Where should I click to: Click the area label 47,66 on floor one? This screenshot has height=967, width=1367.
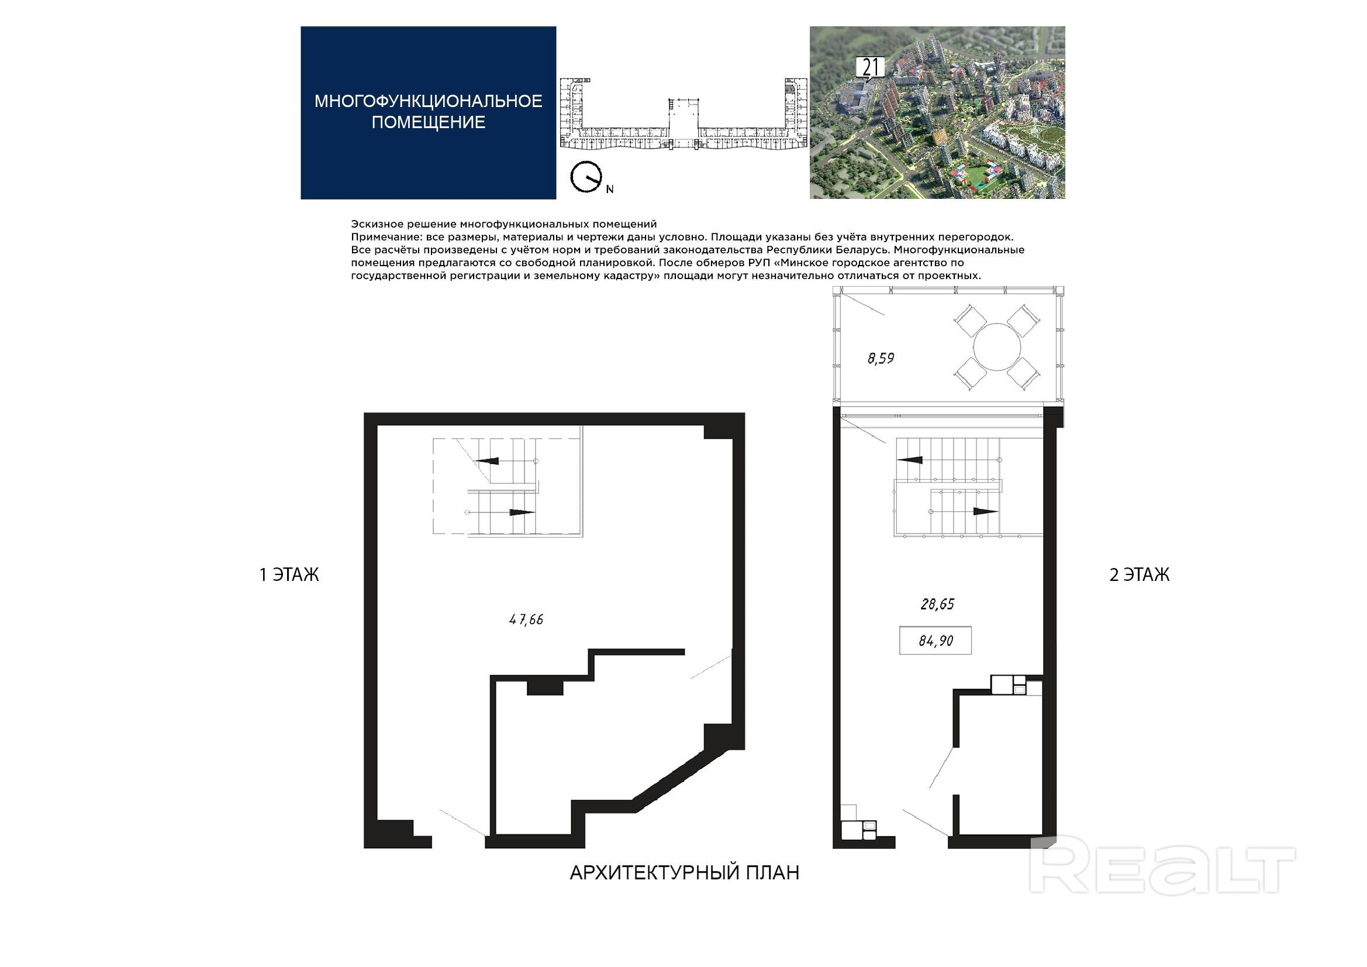pyautogui.click(x=526, y=620)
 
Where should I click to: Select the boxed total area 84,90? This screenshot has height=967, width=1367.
pyautogui.click(x=936, y=641)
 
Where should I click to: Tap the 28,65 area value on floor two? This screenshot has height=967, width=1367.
pyautogui.click(x=937, y=604)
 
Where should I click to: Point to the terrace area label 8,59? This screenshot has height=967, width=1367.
pyautogui.click(x=881, y=358)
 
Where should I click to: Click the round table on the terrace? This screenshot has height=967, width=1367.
pyautogui.click(x=997, y=347)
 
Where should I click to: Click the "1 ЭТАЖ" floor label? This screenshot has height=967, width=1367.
pyautogui.click(x=289, y=574)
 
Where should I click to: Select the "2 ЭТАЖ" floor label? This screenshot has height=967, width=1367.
pyautogui.click(x=1139, y=574)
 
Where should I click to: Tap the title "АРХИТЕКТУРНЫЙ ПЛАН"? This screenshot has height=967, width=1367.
pyautogui.click(x=684, y=872)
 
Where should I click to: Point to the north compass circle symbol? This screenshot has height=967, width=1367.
pyautogui.click(x=585, y=177)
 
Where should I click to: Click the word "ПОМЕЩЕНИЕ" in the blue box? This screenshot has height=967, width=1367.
pyautogui.click(x=428, y=122)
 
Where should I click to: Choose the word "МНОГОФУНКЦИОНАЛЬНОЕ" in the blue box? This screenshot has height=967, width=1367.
pyautogui.click(x=428, y=101)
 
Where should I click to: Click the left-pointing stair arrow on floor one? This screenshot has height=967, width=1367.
pyautogui.click(x=486, y=460)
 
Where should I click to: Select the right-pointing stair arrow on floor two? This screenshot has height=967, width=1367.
pyautogui.click(x=985, y=511)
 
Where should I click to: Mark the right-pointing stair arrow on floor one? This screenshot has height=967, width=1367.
pyautogui.click(x=522, y=512)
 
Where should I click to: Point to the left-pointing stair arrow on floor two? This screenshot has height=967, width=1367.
pyautogui.click(x=909, y=460)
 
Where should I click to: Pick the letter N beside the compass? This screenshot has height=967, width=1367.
pyautogui.click(x=610, y=190)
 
